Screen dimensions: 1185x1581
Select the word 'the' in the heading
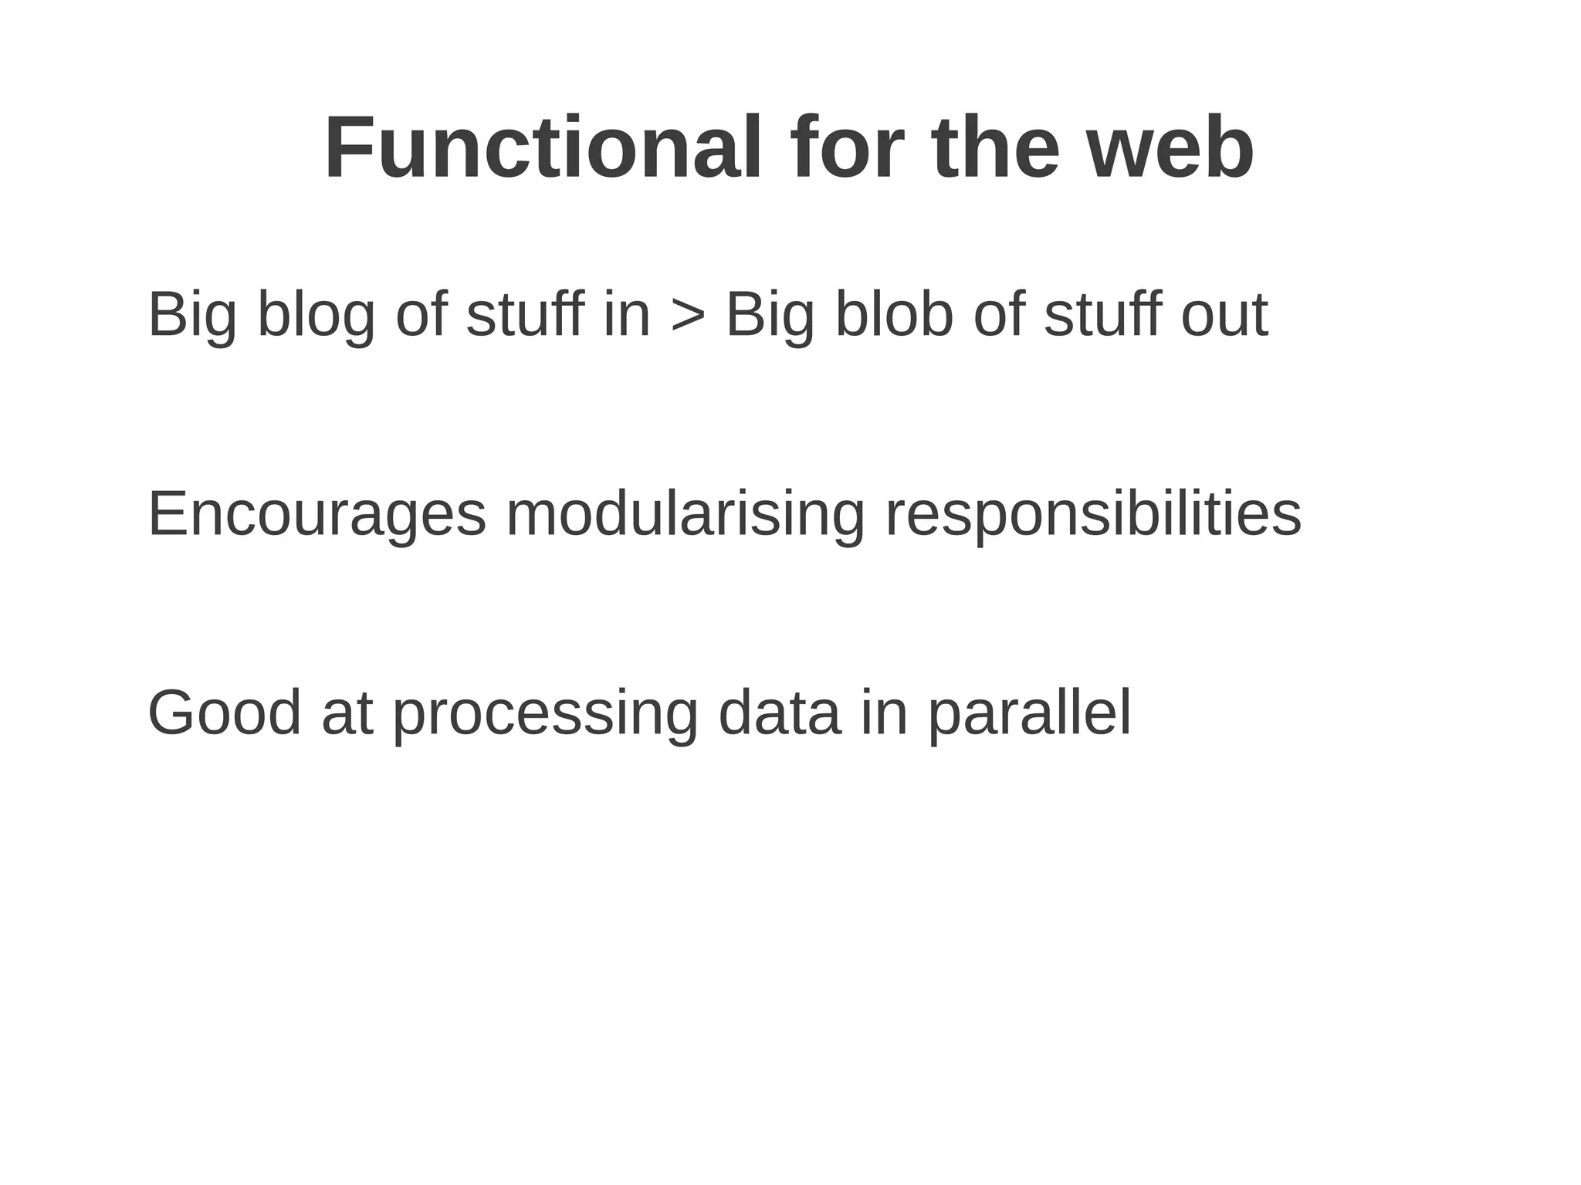pos(996,148)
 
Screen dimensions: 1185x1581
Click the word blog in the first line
pos(316,316)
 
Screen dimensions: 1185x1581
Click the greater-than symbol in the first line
pos(688,316)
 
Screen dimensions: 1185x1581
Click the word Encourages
pos(317,515)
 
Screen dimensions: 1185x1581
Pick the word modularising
pos(686,515)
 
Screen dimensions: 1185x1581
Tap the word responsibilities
pos(1093,515)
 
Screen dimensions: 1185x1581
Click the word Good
pos(224,713)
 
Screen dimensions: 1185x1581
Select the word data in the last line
pos(779,713)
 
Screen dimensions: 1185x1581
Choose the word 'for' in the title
pos(846,148)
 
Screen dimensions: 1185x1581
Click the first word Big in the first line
pos(192,316)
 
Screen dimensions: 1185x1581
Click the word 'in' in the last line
pos(883,713)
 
